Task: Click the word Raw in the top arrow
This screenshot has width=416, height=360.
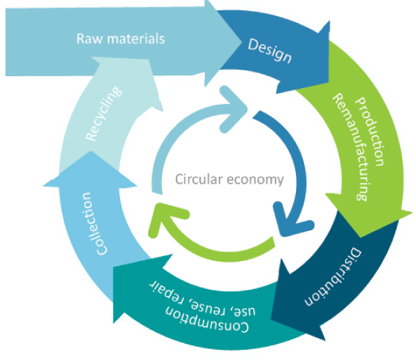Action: point(89,39)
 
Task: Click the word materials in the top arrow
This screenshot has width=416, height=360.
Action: point(135,39)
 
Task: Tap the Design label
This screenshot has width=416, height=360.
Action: point(270,51)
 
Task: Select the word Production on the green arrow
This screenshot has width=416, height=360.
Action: point(370,131)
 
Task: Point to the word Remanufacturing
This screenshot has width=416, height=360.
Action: point(350,147)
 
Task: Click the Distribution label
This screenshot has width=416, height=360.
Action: point(333,277)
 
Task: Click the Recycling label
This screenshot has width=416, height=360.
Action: point(104,114)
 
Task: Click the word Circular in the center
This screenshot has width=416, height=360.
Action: point(199,179)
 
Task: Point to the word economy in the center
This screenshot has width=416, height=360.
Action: point(255,180)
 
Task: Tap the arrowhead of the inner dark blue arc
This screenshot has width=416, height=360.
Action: point(291,223)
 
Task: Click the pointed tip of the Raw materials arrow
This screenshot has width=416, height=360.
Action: point(242,43)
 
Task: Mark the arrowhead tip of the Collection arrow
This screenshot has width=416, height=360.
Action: point(90,151)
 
